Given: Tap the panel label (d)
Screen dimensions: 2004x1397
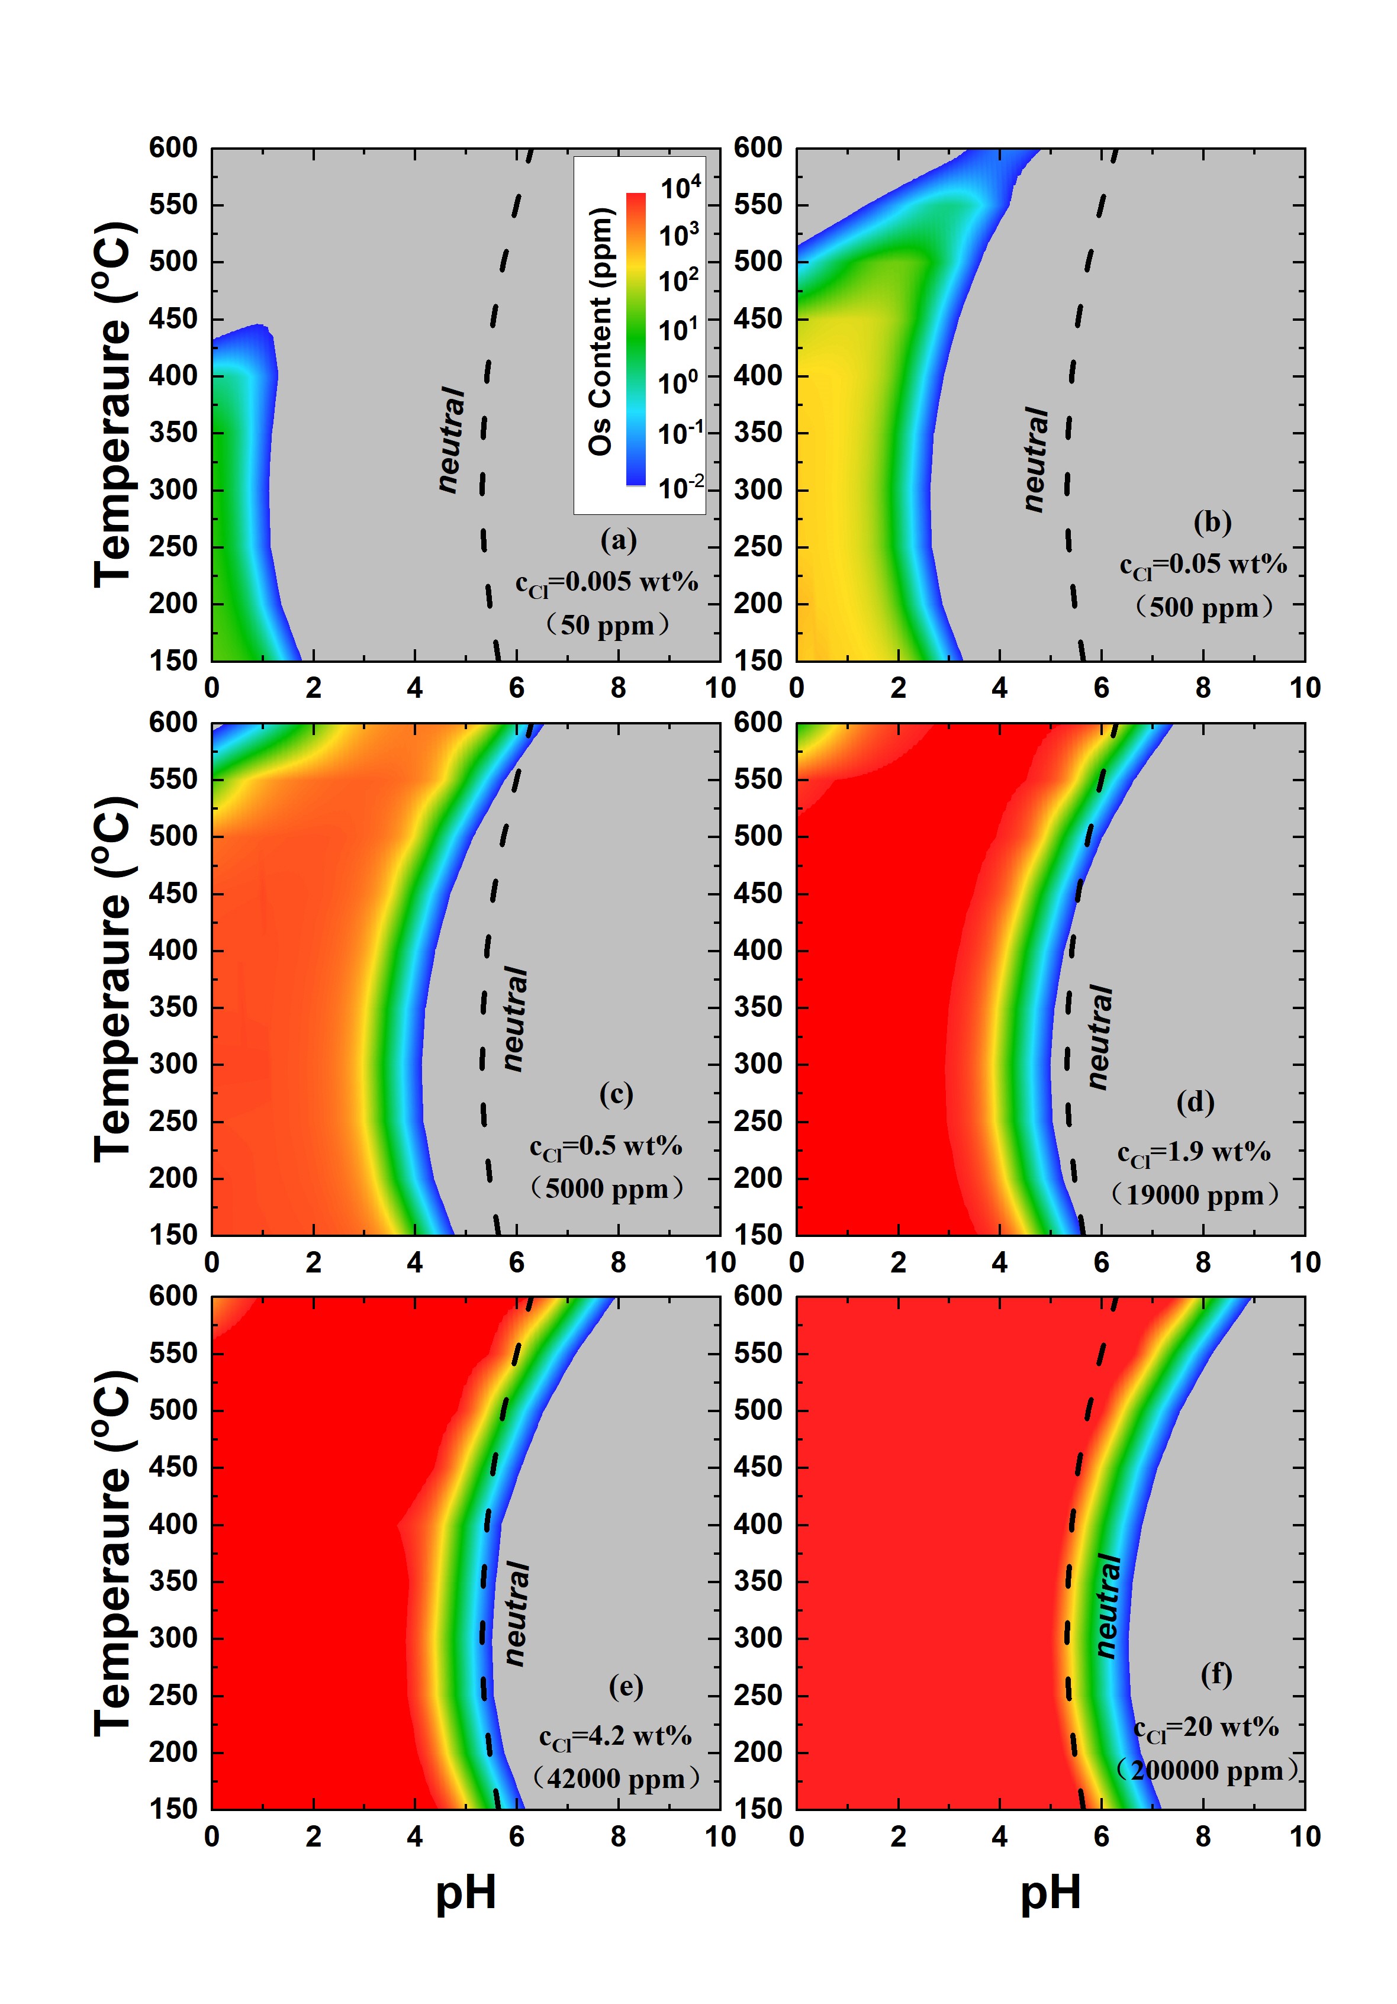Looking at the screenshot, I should point(1195,1103).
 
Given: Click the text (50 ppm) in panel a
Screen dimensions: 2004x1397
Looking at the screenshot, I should point(607,625).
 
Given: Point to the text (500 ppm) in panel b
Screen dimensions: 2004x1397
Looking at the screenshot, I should point(1205,607).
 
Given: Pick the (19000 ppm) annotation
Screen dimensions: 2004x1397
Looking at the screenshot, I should point(1195,1195).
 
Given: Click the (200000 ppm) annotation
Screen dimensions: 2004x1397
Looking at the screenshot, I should point(1206,1770).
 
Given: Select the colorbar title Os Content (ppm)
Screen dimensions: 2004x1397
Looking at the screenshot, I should point(601,331).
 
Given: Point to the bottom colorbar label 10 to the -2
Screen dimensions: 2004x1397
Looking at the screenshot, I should point(680,485).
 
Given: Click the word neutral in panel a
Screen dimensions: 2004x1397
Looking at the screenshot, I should point(452,439).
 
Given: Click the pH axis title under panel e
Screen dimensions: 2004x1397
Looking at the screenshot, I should point(466,1894).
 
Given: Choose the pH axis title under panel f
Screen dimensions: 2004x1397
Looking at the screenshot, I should point(1050,1894).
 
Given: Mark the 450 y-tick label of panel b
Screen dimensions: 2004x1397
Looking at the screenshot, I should point(758,318).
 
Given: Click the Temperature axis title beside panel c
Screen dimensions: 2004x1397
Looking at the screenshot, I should point(114,978).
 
